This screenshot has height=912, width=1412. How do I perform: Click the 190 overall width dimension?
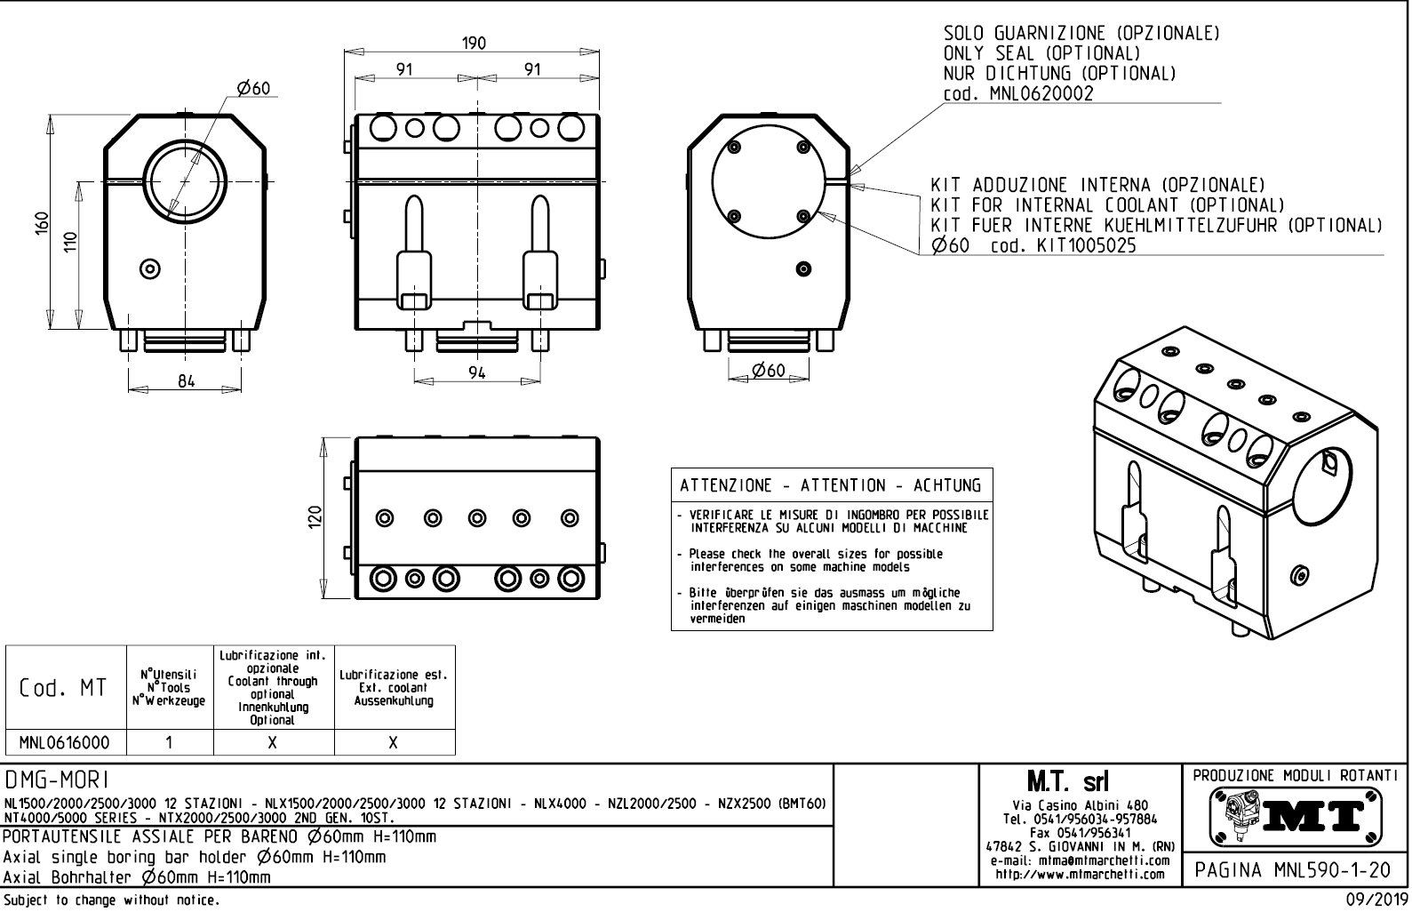click(x=474, y=44)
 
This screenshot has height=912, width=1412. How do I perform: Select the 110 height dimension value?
click(x=71, y=243)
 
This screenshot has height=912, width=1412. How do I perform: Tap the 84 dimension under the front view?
click(x=186, y=380)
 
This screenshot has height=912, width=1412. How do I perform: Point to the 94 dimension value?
click(x=477, y=373)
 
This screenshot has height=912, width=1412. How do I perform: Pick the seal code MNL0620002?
click(x=1041, y=93)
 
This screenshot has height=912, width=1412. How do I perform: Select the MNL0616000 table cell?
click(x=65, y=743)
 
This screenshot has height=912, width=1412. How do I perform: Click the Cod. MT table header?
click(x=64, y=688)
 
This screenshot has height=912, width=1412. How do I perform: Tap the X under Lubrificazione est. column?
click(x=394, y=743)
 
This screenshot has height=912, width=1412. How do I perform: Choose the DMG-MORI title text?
click(x=57, y=780)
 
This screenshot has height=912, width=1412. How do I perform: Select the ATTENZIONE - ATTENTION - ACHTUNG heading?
click(x=831, y=485)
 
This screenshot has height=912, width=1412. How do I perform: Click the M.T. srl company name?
click(x=1067, y=782)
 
